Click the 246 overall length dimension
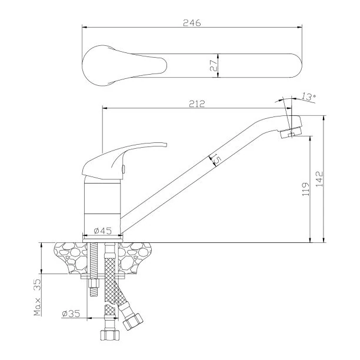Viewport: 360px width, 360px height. [192, 23]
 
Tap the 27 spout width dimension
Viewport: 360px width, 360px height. [214, 66]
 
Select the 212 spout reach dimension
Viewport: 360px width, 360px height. [196, 104]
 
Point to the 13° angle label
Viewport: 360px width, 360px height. [308, 96]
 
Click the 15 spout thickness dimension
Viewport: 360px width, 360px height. [216, 159]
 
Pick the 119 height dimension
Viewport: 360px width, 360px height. [306, 189]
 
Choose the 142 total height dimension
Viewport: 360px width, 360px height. [319, 179]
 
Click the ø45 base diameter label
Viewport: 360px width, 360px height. [102, 231]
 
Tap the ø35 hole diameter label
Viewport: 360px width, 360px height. [71, 313]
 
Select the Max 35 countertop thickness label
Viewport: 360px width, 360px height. [37, 297]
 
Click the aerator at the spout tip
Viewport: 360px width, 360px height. [291, 132]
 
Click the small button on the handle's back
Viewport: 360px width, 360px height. [123, 169]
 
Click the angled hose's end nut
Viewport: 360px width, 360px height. [133, 321]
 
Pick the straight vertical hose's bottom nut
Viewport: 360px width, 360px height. [110, 335]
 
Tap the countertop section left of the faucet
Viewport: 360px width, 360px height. [70, 258]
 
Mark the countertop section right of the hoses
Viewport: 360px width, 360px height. [135, 258]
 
